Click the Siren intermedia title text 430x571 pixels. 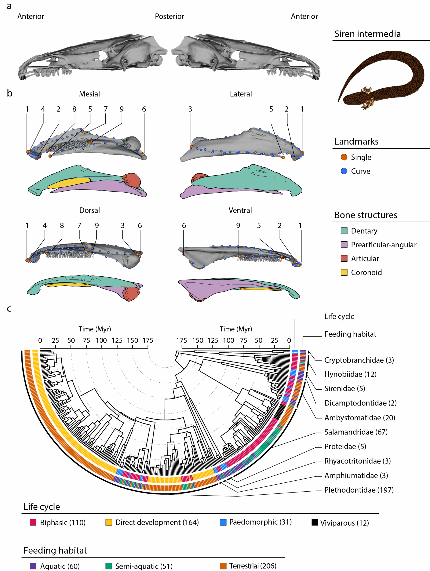(367, 34)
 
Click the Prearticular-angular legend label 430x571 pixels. (383, 245)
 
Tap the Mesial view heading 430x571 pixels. (89, 94)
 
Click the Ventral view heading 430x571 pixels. (240, 210)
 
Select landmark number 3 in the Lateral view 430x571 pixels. (190, 109)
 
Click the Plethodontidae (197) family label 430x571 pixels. (359, 490)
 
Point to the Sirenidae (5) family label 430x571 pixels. (345, 389)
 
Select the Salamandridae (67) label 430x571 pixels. (356, 432)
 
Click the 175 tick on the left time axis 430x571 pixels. (148, 341)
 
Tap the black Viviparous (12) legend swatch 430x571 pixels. (315, 522)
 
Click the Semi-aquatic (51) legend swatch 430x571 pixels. (109, 566)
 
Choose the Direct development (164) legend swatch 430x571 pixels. (109, 522)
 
